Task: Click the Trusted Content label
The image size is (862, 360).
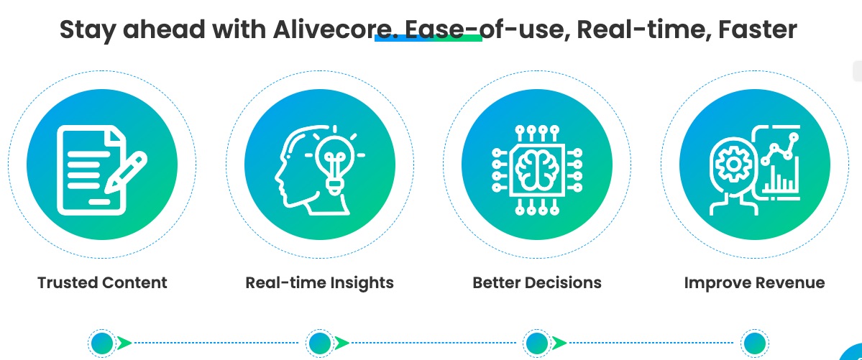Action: point(102,282)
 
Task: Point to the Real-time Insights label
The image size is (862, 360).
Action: point(319,282)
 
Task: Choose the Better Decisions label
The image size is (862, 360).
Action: point(536,282)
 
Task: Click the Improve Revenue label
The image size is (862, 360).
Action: point(754,282)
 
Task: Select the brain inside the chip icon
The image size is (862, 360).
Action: point(536,170)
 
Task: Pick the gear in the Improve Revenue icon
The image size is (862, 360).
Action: point(733,165)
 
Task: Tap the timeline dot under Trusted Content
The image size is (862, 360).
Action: point(102,343)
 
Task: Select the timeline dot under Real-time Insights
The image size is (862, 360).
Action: point(319,343)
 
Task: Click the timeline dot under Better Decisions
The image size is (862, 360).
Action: point(536,343)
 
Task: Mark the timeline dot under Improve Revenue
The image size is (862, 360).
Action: point(754,343)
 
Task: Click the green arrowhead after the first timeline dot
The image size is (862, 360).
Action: point(125,343)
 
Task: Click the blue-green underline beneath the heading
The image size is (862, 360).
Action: point(428,38)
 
